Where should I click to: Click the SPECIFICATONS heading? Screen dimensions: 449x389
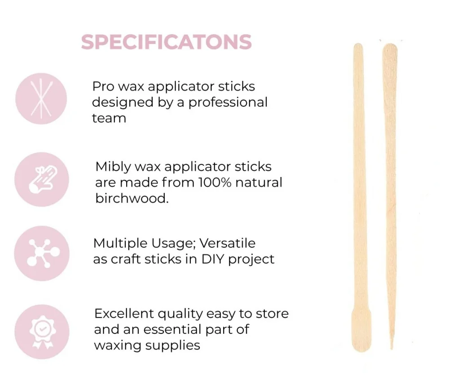point(167,42)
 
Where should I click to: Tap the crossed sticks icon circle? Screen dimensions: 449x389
point(41,99)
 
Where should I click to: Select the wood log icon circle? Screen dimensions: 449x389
point(41,180)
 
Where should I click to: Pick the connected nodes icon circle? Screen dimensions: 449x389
point(42,254)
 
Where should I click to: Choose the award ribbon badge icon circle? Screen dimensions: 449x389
point(42,332)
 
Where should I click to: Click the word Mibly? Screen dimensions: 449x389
point(114,167)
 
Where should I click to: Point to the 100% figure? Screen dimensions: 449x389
point(215,182)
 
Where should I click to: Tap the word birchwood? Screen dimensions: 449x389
point(132,199)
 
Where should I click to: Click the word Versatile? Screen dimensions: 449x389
point(227,243)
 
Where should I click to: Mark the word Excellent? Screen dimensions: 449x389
point(124,314)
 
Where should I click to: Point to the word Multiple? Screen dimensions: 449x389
point(120,244)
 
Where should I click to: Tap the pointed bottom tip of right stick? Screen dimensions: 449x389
point(392,348)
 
